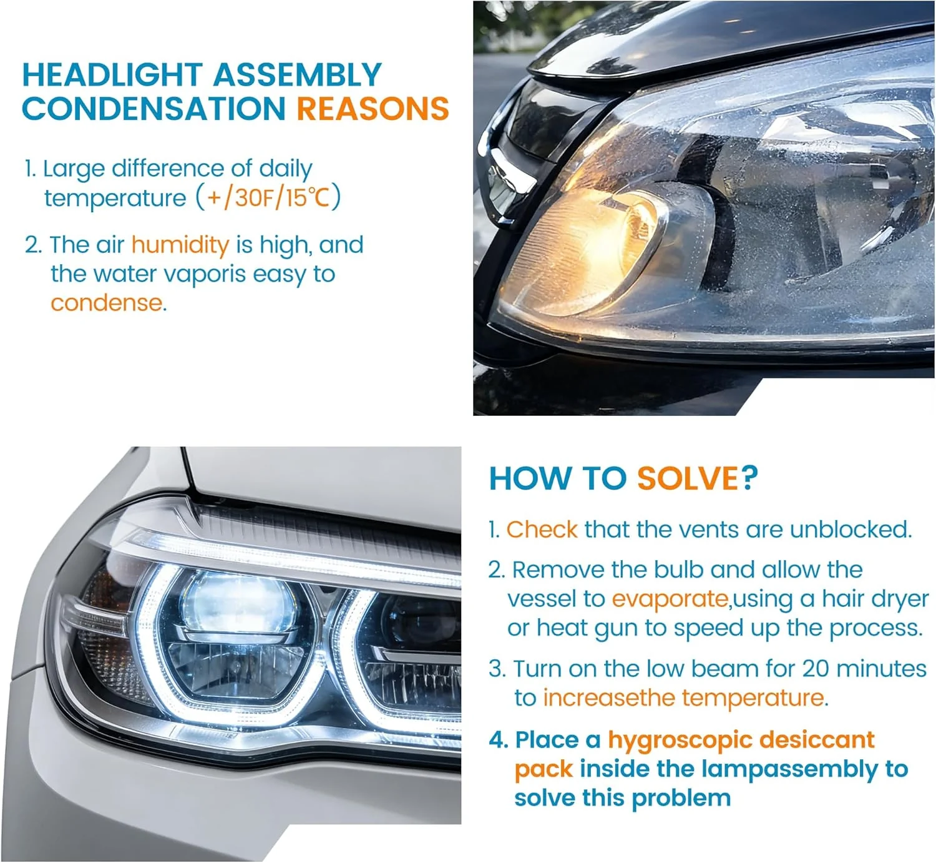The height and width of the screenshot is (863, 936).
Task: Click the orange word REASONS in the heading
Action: (x=373, y=109)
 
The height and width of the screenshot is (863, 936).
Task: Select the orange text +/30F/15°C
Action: (x=268, y=198)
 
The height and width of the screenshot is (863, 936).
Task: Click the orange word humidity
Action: (x=180, y=245)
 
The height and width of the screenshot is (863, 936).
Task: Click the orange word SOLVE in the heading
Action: (x=687, y=479)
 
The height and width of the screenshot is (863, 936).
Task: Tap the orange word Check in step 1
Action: (x=542, y=530)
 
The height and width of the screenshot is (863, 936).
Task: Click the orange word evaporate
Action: (x=670, y=599)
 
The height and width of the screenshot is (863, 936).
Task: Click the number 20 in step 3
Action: (x=815, y=669)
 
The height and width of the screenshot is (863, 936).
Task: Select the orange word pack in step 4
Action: (x=543, y=769)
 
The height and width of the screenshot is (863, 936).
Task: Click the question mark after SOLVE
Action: (x=749, y=479)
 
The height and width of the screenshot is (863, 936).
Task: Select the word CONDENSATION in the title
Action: (x=154, y=109)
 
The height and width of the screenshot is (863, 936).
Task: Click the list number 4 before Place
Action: (x=497, y=741)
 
